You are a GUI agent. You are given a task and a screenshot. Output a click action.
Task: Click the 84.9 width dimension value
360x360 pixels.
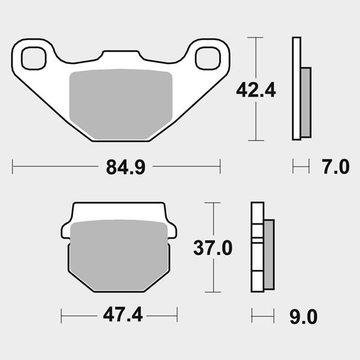point(125,167)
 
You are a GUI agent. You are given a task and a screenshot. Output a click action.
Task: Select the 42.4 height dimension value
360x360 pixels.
point(256,90)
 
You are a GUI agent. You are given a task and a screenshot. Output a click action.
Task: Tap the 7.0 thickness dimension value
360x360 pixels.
point(335,167)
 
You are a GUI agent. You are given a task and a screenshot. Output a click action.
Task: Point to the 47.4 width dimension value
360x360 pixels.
point(123,315)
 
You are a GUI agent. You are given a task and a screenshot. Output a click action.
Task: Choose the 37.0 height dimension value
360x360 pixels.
point(213,248)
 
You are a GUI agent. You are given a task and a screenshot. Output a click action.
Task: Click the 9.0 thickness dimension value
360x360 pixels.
point(303,317)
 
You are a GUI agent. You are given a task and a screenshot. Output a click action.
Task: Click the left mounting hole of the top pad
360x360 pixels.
point(34,58)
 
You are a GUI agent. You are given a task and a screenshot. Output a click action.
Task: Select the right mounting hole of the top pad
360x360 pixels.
point(208,58)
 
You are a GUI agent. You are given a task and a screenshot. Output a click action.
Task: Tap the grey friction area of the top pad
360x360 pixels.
point(121,104)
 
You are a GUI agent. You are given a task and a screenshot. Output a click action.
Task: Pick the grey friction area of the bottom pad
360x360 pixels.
point(119,256)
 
